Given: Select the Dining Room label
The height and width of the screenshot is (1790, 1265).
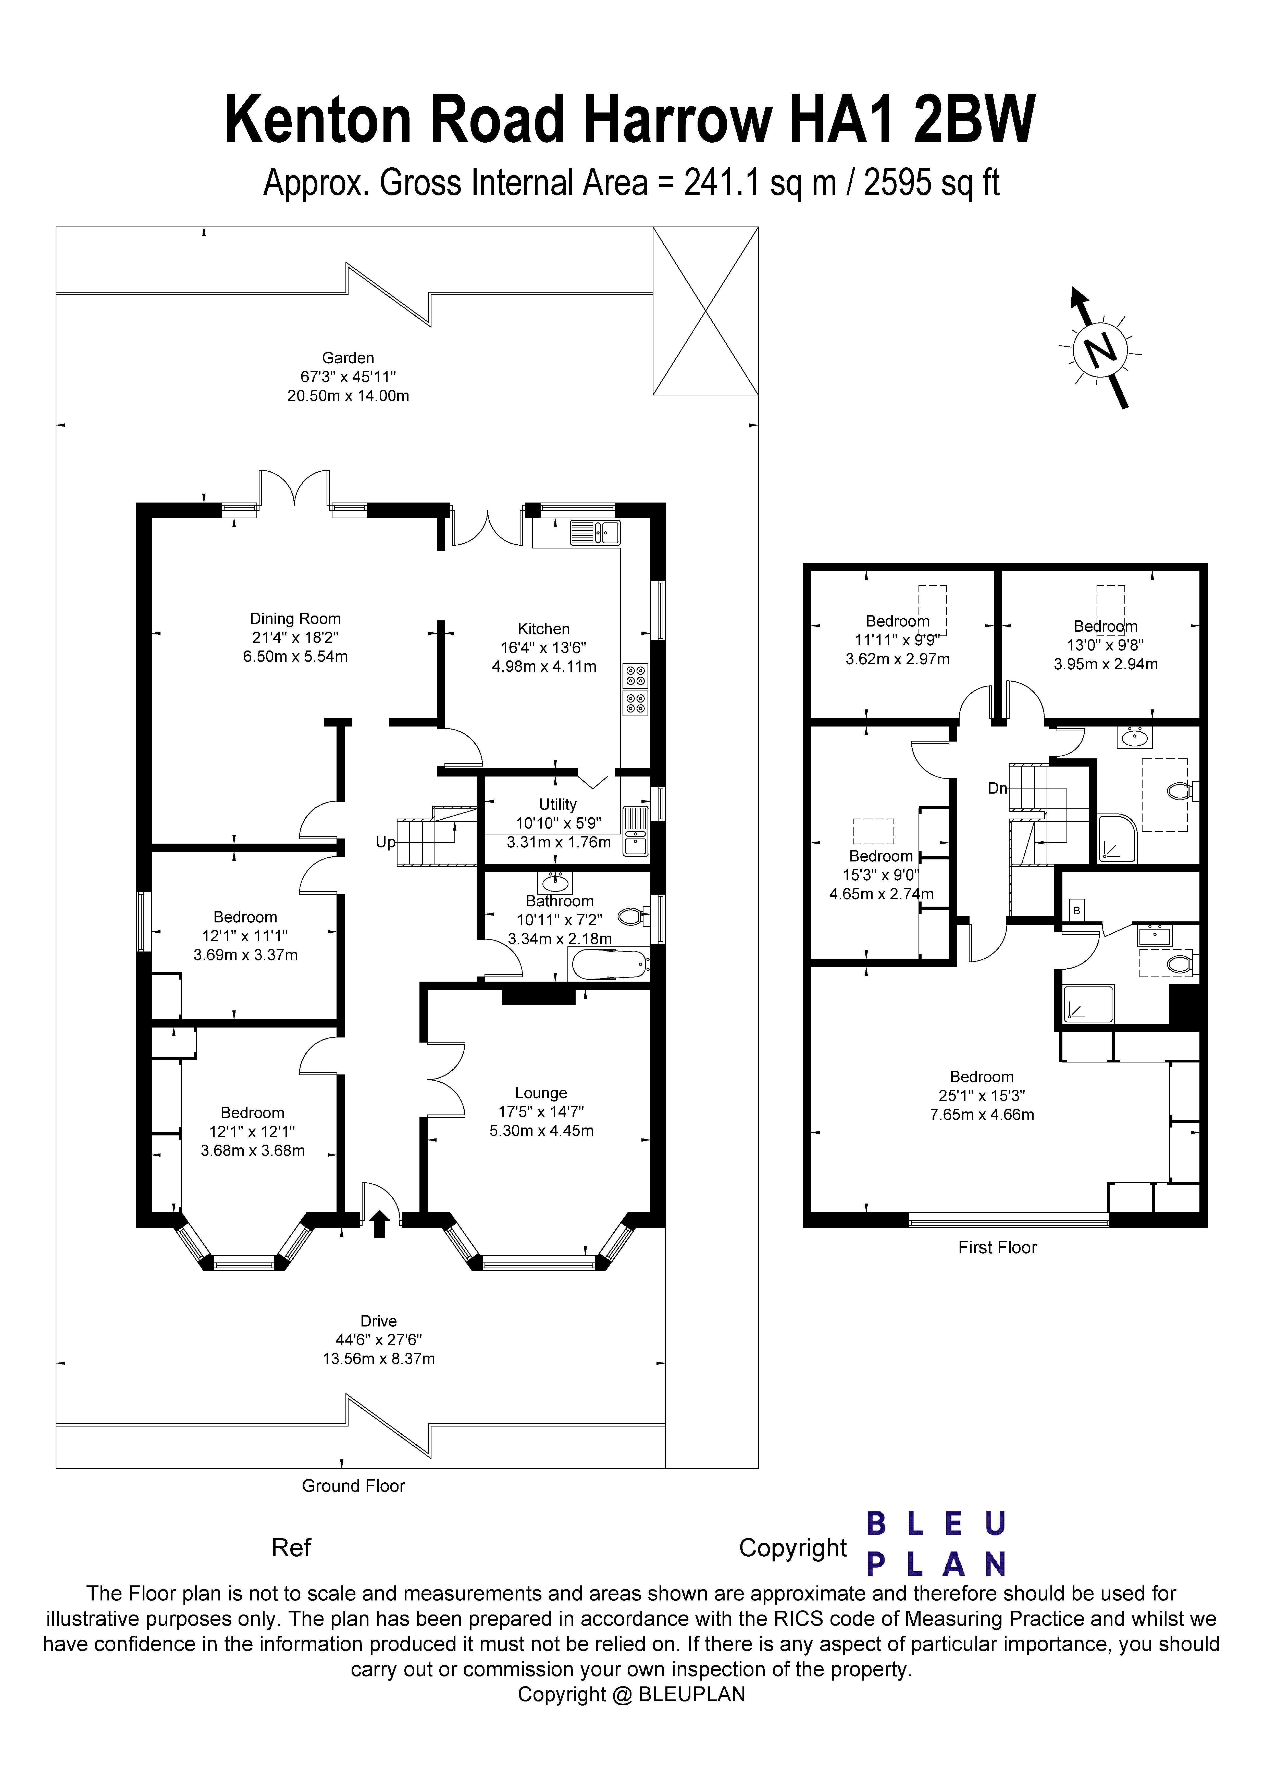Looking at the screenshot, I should [295, 618].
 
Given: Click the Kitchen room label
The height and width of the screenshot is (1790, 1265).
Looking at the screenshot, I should [544, 628].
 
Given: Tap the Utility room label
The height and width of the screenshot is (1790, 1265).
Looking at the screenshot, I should [558, 804].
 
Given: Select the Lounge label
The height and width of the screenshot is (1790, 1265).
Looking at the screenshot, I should [540, 1093].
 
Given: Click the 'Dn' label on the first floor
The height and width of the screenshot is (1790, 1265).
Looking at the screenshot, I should [997, 788].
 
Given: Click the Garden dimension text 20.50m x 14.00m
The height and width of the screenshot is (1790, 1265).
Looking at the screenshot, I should [348, 396].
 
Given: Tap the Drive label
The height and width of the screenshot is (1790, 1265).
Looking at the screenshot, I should [378, 1321].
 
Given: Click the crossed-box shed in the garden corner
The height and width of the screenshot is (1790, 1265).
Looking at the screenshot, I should [705, 311].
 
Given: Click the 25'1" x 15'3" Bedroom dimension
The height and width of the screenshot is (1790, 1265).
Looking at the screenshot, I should [981, 1095].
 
